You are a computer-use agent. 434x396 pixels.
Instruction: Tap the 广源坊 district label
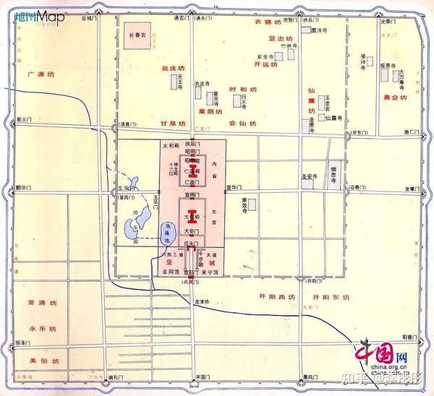point(41,74)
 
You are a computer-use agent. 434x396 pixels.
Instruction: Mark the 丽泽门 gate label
point(22,340)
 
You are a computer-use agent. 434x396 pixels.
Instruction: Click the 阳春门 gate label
point(410,336)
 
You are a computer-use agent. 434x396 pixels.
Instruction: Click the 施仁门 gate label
point(410,132)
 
